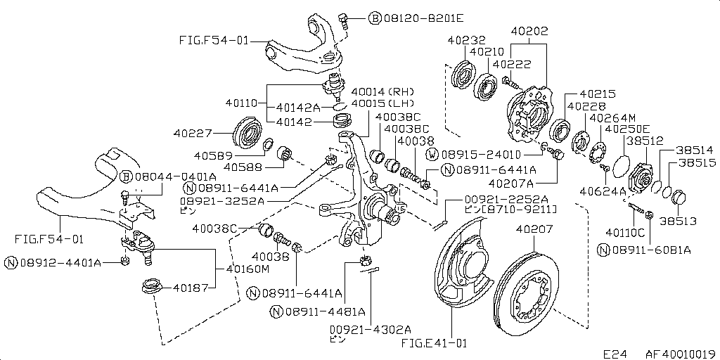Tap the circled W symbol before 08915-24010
tap(432, 154)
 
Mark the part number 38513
tap(678, 221)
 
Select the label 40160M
tap(247, 268)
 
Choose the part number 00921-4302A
tap(370, 328)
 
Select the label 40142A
tap(298, 108)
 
